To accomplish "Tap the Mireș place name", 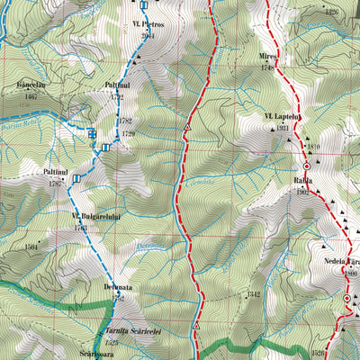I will tap(267, 55).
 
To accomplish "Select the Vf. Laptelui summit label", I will tap(281, 118).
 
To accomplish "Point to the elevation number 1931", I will tap(281, 128).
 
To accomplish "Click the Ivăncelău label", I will tap(30, 85).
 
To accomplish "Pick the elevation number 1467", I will tap(30, 94).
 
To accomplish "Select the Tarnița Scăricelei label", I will tap(118, 332).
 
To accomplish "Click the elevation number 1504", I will tap(33, 245).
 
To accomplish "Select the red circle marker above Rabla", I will tap(305, 166).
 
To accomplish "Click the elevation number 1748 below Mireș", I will tap(267, 66).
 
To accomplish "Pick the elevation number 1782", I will tap(125, 120).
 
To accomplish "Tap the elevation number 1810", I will tap(313, 147).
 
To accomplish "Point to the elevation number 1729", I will tap(128, 133).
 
